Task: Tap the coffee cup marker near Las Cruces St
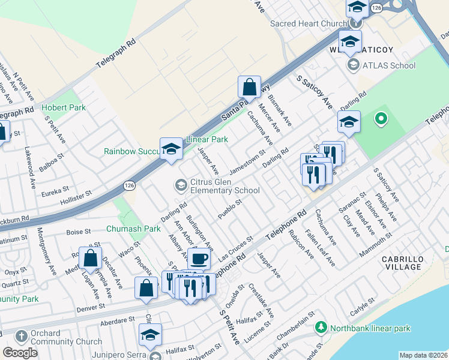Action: [199, 259]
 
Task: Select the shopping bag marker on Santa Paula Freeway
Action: [249, 88]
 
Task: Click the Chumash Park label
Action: [133, 229]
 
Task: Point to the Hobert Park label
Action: [64, 108]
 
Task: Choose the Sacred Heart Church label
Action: [309, 23]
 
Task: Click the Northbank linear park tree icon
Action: [321, 328]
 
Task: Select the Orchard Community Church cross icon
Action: [21, 335]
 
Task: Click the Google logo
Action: [20, 352]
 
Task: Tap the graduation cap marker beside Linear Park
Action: [171, 149]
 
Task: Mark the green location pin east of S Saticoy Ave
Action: [380, 119]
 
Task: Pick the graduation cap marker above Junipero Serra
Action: [150, 335]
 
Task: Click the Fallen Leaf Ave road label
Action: [320, 250]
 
